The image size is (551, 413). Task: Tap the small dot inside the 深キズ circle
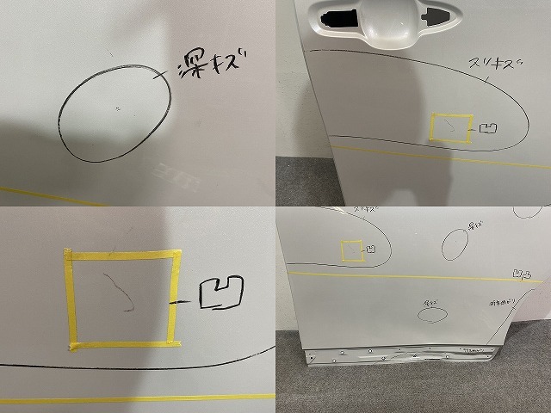(118, 108)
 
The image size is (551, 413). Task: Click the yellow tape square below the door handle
(450, 128)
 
